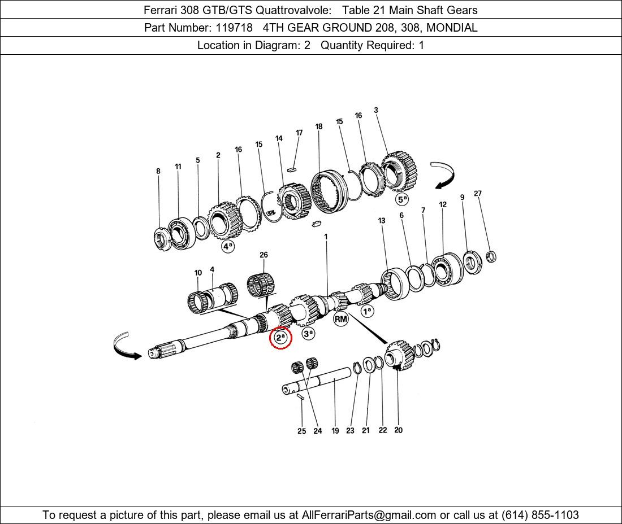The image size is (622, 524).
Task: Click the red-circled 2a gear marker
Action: [x=280, y=338]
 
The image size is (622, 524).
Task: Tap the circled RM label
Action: [x=341, y=319]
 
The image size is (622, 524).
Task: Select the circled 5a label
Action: [x=402, y=199]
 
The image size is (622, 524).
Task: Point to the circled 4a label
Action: [x=228, y=246]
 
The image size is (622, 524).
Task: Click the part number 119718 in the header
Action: [x=234, y=28]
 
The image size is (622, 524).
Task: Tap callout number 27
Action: [x=478, y=193]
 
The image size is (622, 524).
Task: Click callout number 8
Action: [x=158, y=171]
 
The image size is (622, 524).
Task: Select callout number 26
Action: [x=264, y=255]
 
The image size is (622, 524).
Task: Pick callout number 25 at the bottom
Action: [x=302, y=431]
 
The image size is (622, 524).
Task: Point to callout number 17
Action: [x=299, y=133]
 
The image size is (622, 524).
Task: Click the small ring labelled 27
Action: [x=491, y=256]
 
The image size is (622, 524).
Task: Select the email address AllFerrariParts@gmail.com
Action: [x=369, y=515]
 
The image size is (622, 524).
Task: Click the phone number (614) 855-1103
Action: [x=540, y=515]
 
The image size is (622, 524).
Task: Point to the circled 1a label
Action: [x=368, y=311]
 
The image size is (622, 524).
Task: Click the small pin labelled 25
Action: [x=300, y=396]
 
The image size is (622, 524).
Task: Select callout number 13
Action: [x=382, y=220]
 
